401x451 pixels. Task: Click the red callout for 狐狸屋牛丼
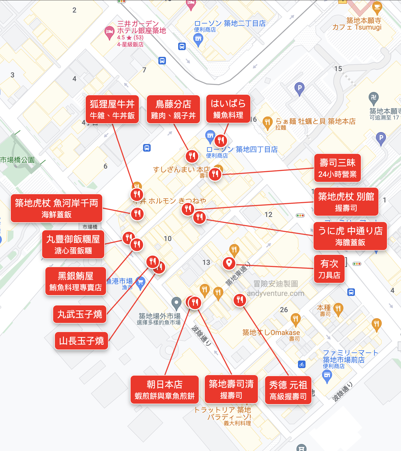[112, 109]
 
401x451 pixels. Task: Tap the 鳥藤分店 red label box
[173, 109]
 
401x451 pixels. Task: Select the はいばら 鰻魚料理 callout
[228, 109]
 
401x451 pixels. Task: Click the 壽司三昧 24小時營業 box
[337, 168]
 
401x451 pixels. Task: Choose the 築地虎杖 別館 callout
[346, 202]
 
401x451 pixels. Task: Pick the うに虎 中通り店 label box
[350, 236]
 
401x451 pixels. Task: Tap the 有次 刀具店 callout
[329, 269]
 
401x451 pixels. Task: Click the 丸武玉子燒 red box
[80, 314]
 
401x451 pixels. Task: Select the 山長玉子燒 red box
[81, 341]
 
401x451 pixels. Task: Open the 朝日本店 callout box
[164, 390]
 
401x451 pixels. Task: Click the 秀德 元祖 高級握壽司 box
[288, 390]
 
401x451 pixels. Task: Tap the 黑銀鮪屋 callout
[75, 281]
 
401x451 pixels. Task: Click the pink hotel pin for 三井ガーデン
[109, 32]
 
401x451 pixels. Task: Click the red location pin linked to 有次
[229, 263]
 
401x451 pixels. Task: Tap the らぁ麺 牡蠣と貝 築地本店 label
[315, 122]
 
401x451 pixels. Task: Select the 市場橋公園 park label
[18, 160]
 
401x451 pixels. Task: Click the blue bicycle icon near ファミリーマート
[302, 364]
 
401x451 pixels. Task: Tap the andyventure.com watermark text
[275, 293]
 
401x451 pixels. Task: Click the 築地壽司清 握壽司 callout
[231, 389]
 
